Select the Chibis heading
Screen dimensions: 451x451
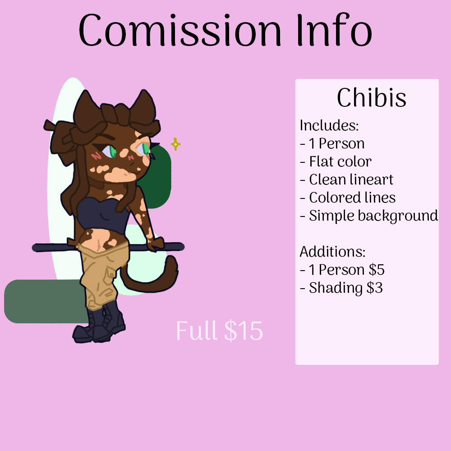click(371, 98)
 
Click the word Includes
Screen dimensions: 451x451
click(329, 125)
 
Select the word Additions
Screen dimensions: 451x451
click(332, 252)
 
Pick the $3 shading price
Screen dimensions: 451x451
click(374, 288)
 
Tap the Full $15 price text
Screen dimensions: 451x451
click(219, 331)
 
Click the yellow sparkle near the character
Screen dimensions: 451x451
click(175, 144)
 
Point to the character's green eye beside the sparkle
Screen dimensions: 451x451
click(146, 148)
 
